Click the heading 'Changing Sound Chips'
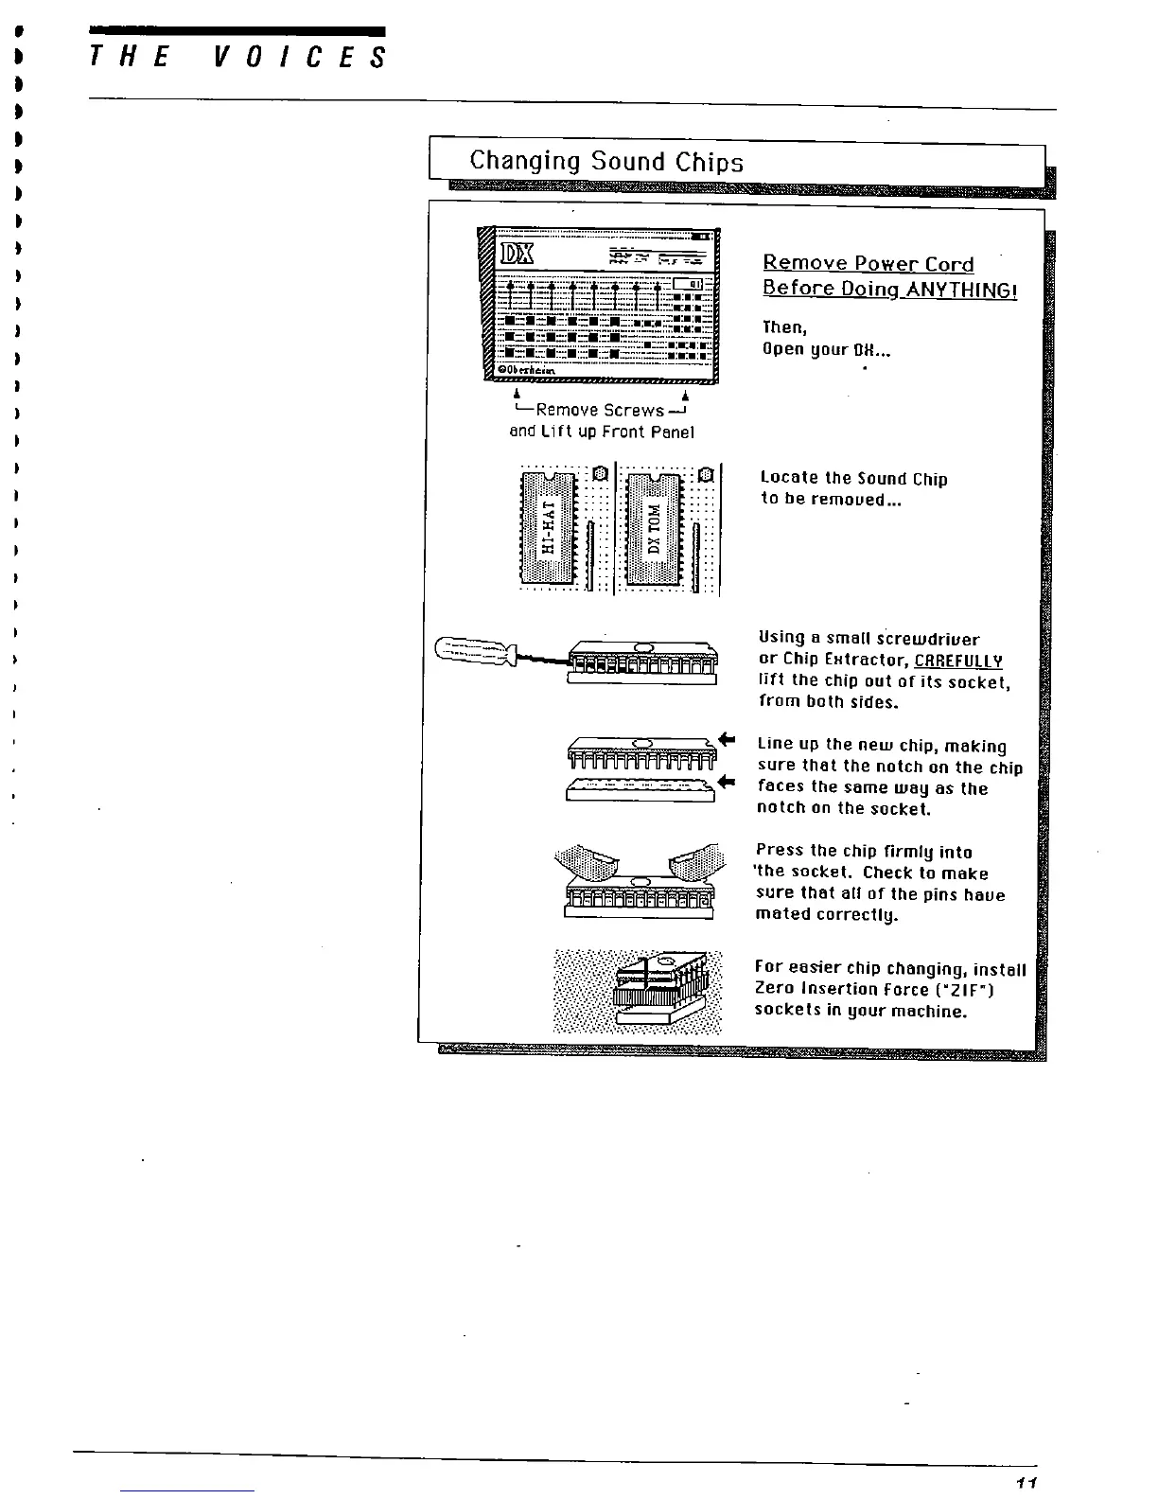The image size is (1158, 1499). tap(605, 162)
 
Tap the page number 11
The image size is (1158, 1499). tap(1028, 1481)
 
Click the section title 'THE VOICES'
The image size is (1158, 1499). tap(237, 59)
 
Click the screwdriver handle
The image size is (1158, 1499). tap(473, 650)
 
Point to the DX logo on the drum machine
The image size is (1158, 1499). tap(517, 255)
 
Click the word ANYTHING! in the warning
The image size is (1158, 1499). tap(961, 289)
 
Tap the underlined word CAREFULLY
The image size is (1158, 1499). tap(958, 660)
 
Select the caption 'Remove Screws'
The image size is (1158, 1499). tap(600, 411)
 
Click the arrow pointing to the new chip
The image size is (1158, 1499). tap(727, 739)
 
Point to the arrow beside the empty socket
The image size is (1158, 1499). tap(727, 782)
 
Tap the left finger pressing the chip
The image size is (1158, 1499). tap(588, 862)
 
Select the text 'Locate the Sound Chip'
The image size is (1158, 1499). tap(853, 479)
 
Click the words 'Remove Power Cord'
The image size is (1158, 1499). tap(868, 264)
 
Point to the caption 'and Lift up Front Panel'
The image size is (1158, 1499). tap(602, 432)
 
